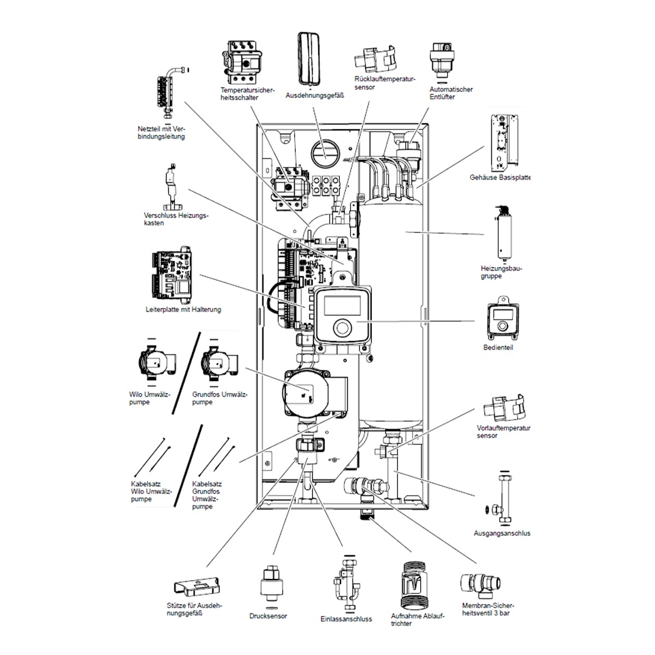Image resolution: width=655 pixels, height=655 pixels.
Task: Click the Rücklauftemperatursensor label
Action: [x=385, y=83]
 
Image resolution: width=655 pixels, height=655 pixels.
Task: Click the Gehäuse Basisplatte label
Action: [x=500, y=177]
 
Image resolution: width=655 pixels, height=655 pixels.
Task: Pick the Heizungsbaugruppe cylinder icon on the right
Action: [x=504, y=235]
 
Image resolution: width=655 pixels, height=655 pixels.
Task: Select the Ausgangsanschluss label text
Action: [x=502, y=533]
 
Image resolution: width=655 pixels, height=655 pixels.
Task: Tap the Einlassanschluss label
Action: [x=346, y=619]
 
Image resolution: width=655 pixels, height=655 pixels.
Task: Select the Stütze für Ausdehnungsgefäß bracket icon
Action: [x=197, y=587]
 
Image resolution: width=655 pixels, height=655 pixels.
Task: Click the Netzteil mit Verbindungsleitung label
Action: [x=162, y=133]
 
